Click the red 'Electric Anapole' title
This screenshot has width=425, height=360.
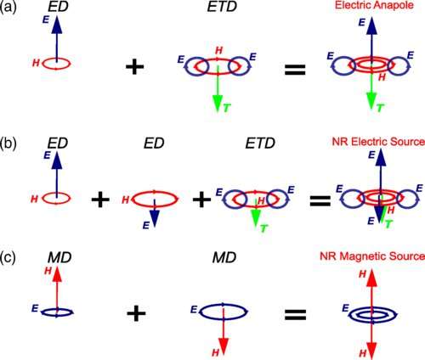pos(374,5)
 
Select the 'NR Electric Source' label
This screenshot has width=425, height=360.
pos(378,142)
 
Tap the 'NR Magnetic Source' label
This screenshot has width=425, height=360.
pos(372,256)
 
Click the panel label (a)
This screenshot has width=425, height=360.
pos(8,7)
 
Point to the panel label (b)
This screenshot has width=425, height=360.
pos(8,143)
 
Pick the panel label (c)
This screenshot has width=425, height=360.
pos(8,258)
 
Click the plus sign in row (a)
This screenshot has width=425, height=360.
pos(135,67)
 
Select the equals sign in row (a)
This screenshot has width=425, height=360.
pos(295,70)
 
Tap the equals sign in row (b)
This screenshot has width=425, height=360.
pos(320,200)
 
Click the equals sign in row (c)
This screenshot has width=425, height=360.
pos(296,314)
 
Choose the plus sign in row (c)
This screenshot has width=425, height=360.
pos(136,313)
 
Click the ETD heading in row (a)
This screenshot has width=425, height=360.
pos(222,7)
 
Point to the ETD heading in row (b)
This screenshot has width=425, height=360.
pos(260,143)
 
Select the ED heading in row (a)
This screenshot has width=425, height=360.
pos(58,7)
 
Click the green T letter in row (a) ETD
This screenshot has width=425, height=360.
pos(227,108)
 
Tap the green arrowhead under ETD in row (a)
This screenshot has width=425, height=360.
pos(218,103)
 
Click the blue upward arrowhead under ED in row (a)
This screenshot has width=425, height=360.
pos(57,25)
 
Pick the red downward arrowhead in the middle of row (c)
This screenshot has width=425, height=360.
pos(224,346)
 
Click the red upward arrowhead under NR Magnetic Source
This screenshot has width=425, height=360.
pos(371,278)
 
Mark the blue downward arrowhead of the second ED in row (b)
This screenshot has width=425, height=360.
pos(155,219)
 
